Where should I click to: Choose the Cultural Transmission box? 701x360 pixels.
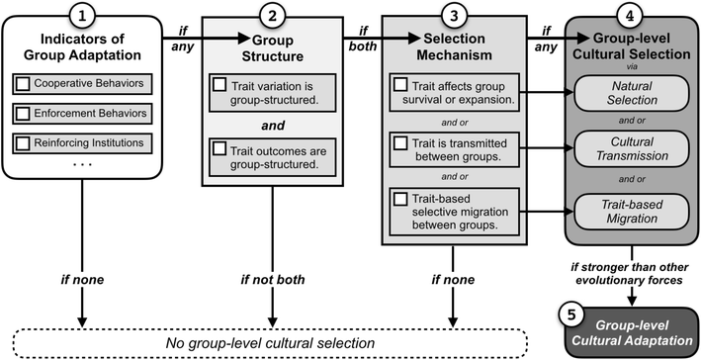(x=630, y=149)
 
